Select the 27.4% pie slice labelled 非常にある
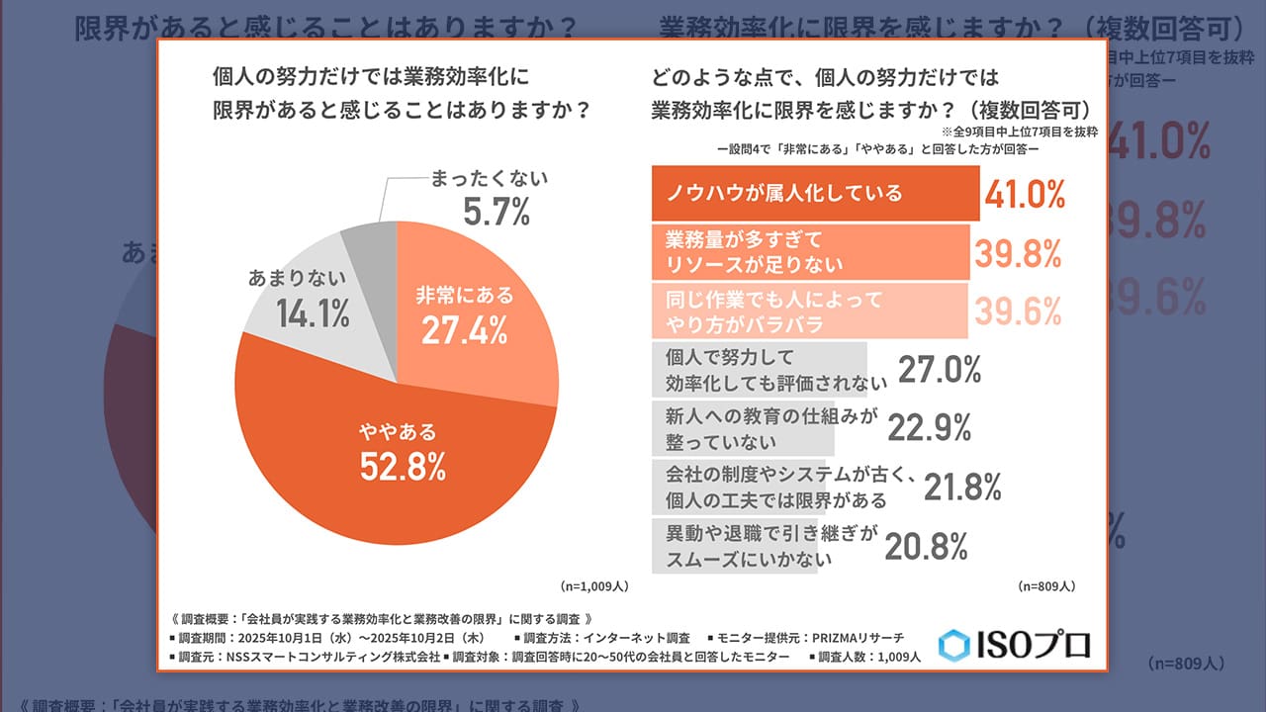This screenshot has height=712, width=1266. coord(465,316)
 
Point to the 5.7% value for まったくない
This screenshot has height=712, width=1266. coord(497,211)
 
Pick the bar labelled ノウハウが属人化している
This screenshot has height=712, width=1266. coord(814,193)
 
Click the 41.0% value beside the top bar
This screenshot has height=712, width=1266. coord(1024,194)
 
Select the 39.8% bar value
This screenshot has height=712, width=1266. coord(1018,253)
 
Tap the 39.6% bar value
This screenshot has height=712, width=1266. coord(1018,311)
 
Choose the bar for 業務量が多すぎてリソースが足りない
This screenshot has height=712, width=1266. coord(809,252)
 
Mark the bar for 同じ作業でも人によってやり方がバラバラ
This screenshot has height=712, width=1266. coord(809,310)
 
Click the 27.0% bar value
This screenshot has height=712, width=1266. coord(939,369)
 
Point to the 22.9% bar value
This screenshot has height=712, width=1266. coord(929,427)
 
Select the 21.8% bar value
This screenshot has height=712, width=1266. coord(962,486)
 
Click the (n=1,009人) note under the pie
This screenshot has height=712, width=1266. coord(594,585)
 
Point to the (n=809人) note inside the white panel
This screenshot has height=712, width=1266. coord(1046,585)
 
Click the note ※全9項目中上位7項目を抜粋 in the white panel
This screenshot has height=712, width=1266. coord(1019,132)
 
